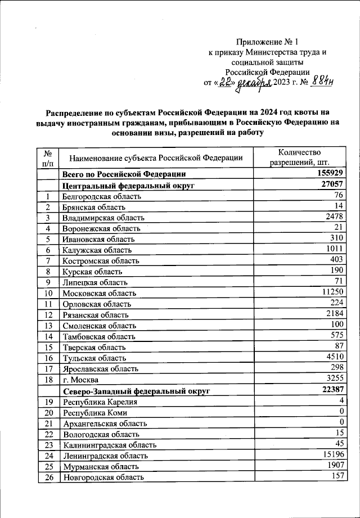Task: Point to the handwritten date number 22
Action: pyautogui.click(x=226, y=82)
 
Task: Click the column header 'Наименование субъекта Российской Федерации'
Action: pyautogui.click(x=152, y=158)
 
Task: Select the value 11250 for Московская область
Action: pyautogui.click(x=332, y=292)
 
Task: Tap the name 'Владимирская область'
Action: pyautogui.click(x=103, y=218)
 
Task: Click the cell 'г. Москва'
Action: pyautogui.click(x=82, y=380)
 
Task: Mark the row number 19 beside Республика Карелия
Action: pyautogui.click(x=48, y=402)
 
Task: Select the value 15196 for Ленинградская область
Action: pyautogui.click(x=332, y=454)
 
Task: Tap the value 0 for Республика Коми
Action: pyautogui.click(x=341, y=412)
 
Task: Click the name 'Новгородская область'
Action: pyautogui.click(x=103, y=477)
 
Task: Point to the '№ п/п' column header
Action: pyautogui.click(x=48, y=158)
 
